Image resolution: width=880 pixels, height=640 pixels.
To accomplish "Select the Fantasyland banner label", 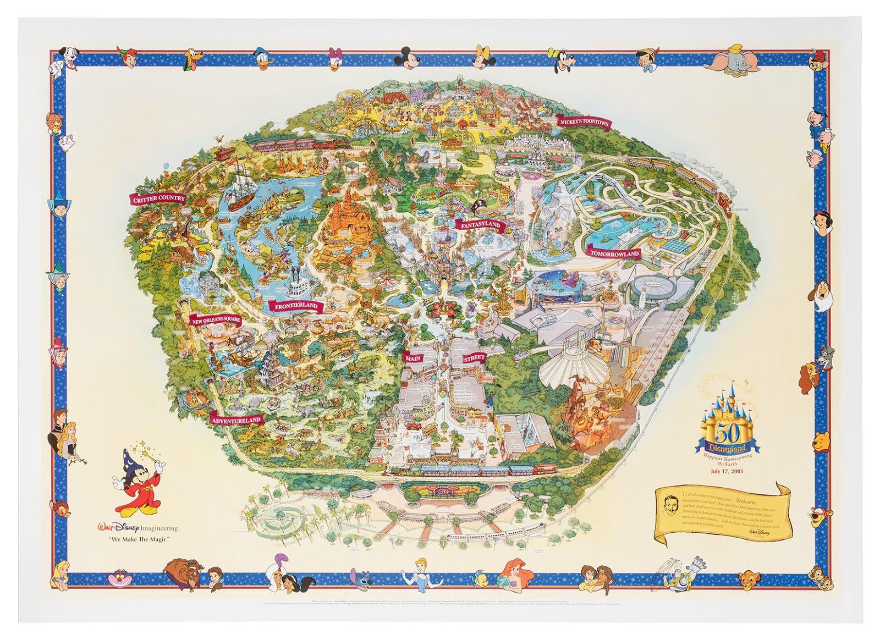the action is [x=477, y=224].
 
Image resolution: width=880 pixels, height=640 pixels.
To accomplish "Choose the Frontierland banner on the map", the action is [x=293, y=306].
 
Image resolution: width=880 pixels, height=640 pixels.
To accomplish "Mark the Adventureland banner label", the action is [x=236, y=420].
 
